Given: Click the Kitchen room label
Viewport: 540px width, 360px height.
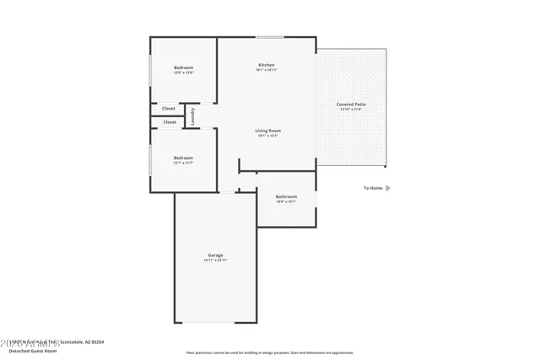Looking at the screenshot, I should click(267, 65).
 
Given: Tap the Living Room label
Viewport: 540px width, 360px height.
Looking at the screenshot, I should click(268, 131).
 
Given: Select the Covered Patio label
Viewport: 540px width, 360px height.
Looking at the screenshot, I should click(351, 105).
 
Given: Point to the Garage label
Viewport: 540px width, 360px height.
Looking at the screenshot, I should click(215, 255).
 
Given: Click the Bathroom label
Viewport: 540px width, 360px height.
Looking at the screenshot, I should click(286, 196).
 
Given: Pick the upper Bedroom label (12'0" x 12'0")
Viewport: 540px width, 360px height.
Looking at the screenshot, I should click(183, 67).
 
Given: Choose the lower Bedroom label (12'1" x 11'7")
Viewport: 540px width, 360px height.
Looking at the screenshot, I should click(183, 158).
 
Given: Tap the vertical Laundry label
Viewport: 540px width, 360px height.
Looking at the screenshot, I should click(192, 115).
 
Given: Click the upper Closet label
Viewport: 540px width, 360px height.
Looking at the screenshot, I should click(169, 108).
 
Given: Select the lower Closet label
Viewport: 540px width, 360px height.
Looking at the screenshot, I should click(170, 122).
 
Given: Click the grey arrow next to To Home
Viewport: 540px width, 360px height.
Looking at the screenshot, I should click(388, 188).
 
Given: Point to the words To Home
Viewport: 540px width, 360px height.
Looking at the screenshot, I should click(373, 188).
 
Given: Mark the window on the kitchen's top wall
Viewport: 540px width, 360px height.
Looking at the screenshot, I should click(270, 37).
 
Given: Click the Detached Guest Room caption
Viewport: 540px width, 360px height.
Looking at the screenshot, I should click(31, 349).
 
